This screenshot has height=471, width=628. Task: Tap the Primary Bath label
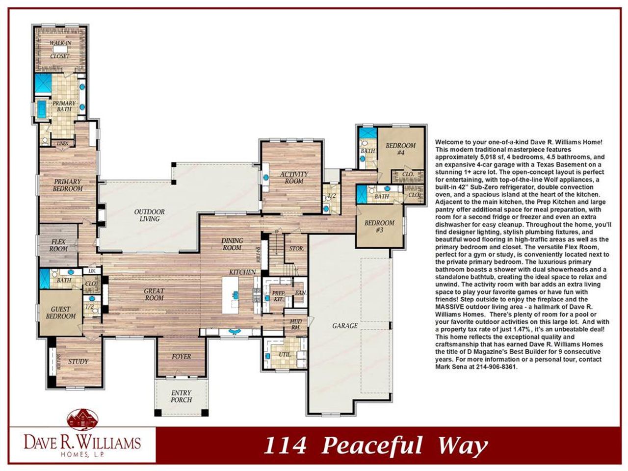pos(64,106)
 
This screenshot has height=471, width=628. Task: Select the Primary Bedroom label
pos(68,185)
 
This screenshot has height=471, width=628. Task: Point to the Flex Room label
pos(58,245)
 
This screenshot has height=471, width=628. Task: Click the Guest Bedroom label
pos(61,313)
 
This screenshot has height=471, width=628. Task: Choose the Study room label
pos(78,362)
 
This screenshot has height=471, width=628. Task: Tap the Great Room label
pos(154,294)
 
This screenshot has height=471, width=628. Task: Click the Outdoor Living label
pos(150,215)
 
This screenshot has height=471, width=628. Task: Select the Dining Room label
pos(232,244)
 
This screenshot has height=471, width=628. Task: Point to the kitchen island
pos(234,296)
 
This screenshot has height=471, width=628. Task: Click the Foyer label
pos(181,356)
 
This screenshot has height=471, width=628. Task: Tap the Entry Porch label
pos(181,396)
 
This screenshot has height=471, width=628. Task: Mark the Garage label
pos(345,325)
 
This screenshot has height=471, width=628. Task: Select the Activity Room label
pos(294,178)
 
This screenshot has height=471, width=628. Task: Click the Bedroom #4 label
pos(400,149)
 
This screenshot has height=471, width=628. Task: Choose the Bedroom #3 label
pos(379,226)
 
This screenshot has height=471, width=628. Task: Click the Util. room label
pos(285,354)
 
